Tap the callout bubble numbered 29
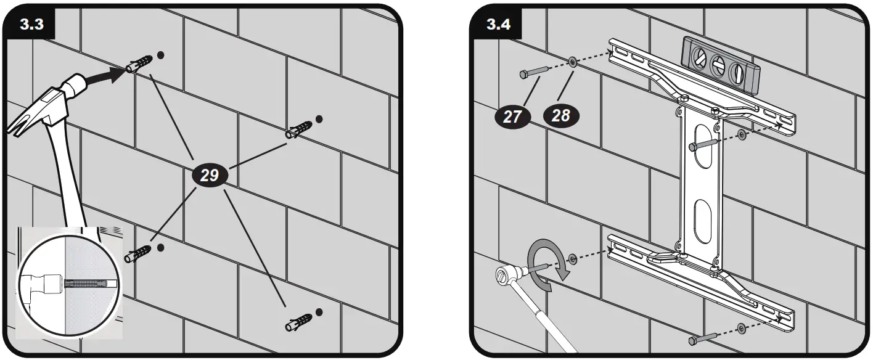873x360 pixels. [x=210, y=175]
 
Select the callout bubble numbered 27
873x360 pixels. [x=512, y=115]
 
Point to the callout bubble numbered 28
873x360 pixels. [x=560, y=115]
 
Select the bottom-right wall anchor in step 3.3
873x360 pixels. [x=298, y=322]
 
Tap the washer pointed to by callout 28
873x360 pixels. [x=573, y=62]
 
